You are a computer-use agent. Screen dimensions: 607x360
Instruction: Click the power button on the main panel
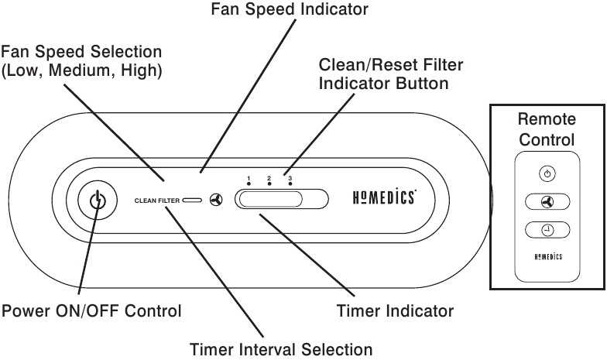click(x=98, y=201)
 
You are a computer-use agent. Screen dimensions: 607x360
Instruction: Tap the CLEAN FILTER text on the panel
click(x=156, y=201)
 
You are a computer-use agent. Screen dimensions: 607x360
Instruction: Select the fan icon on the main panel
click(x=216, y=200)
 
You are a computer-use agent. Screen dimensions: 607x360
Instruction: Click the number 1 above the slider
click(x=249, y=178)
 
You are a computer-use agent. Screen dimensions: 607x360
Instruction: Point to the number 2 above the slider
click(x=269, y=178)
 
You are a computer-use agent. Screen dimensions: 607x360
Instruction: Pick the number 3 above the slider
click(x=290, y=178)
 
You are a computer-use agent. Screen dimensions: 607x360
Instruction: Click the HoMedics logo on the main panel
click(x=384, y=197)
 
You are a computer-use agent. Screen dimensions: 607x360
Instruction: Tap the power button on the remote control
click(x=547, y=173)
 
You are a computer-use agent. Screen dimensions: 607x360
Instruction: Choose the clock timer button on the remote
click(x=547, y=230)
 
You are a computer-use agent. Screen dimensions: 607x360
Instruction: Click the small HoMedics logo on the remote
click(x=548, y=257)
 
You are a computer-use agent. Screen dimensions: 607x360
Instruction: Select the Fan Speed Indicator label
click(x=290, y=9)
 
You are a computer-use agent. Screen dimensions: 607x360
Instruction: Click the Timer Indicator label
click(x=395, y=311)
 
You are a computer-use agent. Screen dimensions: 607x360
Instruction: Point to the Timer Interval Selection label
click(x=281, y=350)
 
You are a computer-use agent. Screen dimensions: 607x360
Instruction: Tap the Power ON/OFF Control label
click(x=91, y=311)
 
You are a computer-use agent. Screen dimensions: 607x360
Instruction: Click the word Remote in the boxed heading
click(x=547, y=119)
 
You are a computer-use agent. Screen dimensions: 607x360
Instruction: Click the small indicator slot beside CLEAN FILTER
click(x=192, y=200)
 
